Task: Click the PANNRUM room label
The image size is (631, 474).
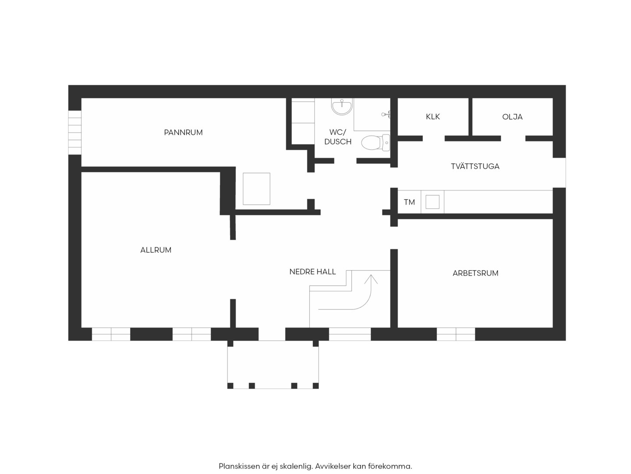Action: coord(183,133)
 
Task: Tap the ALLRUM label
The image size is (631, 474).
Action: coord(156,250)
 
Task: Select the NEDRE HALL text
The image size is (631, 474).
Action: coord(312,272)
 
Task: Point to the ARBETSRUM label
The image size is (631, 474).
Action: coord(475,273)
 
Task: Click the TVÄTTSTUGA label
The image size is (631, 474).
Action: coord(475,166)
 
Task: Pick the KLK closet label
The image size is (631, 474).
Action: coord(432,117)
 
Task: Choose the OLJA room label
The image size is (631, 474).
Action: coord(512,117)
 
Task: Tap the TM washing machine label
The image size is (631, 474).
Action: coord(409,202)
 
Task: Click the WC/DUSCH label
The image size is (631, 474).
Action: coord(338,137)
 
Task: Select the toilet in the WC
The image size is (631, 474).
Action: coord(376,143)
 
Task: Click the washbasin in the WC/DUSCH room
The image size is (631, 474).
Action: coord(342,107)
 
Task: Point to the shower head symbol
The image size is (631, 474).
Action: coord(386,114)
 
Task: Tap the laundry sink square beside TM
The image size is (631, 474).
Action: coord(432,202)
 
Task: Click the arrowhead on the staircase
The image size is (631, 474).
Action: coord(371,279)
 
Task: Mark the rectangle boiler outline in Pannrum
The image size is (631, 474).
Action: coord(256,189)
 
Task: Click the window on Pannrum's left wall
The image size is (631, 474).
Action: coord(75,133)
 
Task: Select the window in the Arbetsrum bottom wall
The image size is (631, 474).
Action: coord(456,334)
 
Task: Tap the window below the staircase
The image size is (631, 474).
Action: coord(350,334)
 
